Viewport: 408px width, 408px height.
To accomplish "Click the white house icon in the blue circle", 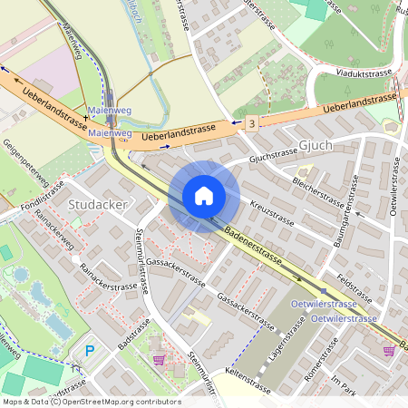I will tap(204, 196).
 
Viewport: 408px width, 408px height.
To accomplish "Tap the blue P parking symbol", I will tap(89, 350).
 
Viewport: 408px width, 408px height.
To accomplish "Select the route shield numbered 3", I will tap(250, 121).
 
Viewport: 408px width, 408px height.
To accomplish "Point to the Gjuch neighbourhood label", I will tap(316, 145).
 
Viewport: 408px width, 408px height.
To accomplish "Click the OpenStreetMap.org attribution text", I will tap(120, 402).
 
